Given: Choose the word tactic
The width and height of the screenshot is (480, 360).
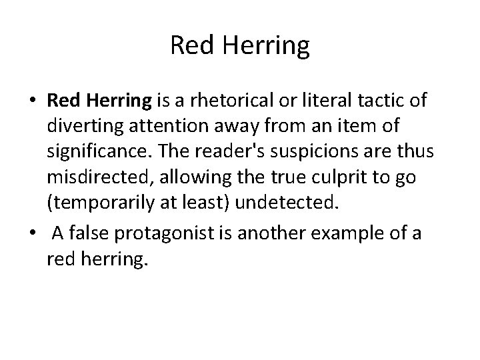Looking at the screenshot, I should pyautogui.click(x=389, y=101).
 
